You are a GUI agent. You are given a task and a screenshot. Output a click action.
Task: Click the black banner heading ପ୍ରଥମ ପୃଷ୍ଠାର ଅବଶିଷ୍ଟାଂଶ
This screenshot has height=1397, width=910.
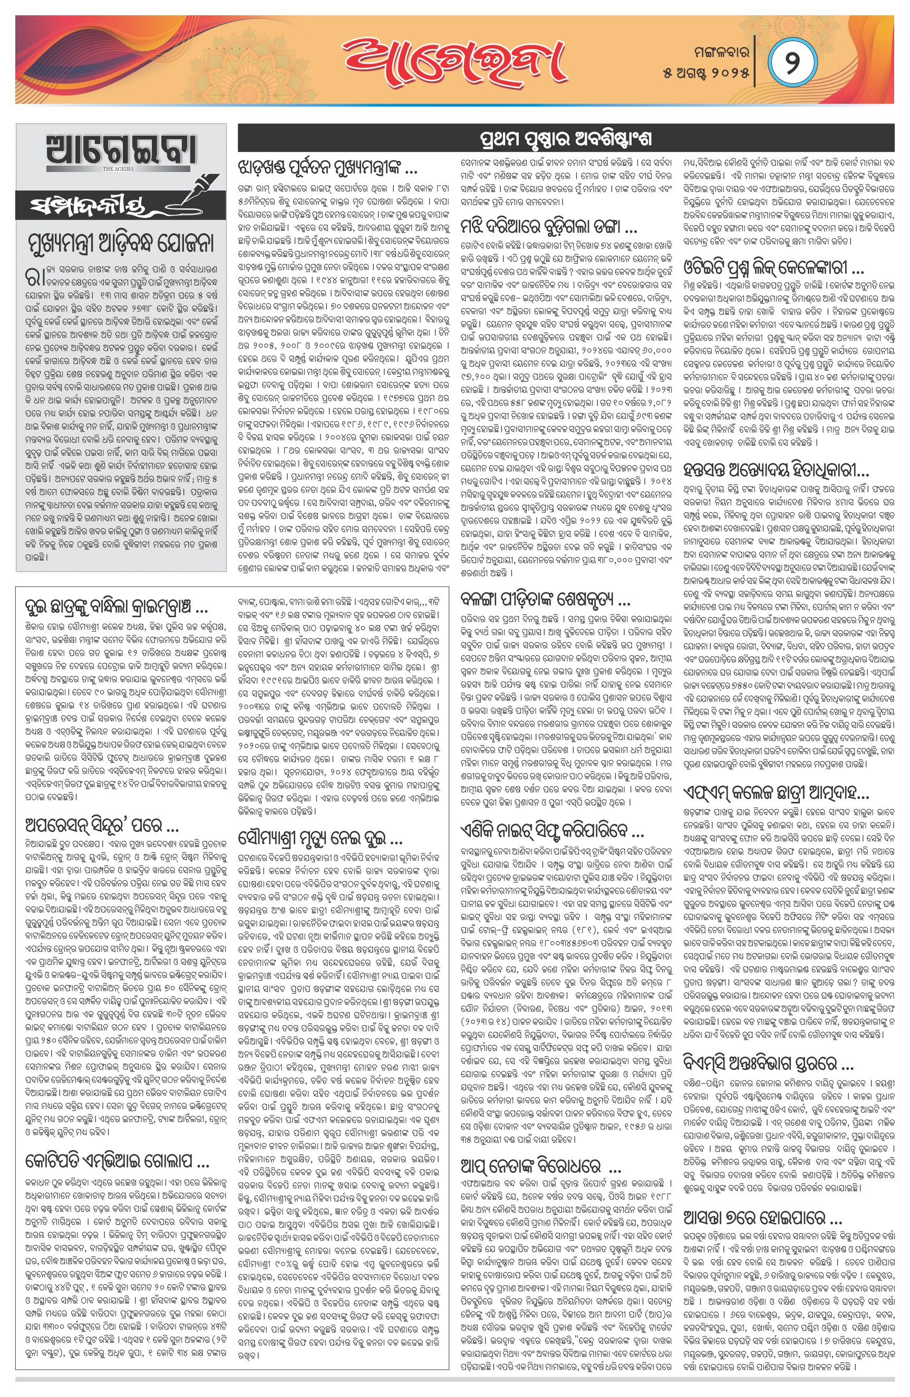[566, 139]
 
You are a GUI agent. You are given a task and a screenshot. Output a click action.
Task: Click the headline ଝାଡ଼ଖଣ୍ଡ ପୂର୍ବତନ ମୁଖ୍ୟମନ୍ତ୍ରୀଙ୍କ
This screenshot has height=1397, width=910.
[327, 168]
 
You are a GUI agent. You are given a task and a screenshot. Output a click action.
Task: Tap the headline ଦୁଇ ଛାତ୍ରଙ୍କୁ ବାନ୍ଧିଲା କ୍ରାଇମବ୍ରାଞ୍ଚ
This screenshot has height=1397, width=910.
[116, 606]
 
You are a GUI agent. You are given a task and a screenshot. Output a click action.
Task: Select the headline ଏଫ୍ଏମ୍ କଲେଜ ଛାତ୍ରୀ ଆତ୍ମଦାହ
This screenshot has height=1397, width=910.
[776, 793]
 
